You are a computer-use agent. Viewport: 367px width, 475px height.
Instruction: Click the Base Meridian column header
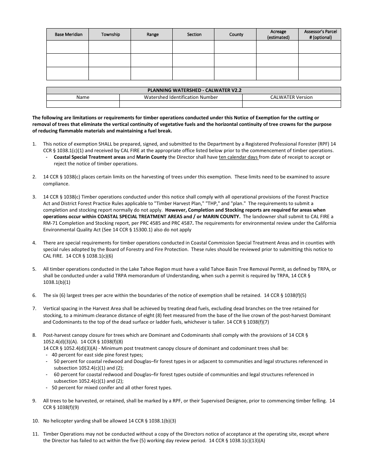tap(68, 34)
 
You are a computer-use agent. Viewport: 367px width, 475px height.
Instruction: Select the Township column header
tap(110, 34)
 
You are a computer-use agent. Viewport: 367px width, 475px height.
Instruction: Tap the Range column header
tap(153, 34)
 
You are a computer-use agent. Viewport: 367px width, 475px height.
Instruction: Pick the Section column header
tap(194, 34)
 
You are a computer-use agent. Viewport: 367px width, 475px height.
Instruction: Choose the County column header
tap(236, 34)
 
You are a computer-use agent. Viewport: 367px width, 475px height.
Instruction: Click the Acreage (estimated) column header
tap(278, 34)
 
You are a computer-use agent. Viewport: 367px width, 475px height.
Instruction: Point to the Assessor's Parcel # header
tap(320, 34)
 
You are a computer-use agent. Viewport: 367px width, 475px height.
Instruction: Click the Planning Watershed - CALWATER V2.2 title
tap(194, 90)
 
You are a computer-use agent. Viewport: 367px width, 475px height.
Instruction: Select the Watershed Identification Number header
tap(181, 97)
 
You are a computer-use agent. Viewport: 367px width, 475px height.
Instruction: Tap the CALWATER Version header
tap(291, 97)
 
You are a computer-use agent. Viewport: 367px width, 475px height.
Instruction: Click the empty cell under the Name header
tap(83, 104)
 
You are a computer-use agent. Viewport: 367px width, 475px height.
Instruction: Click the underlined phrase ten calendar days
tap(238, 157)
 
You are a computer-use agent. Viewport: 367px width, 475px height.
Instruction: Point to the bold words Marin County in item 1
tap(152, 157)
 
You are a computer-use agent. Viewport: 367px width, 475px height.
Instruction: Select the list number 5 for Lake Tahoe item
tap(34, 269)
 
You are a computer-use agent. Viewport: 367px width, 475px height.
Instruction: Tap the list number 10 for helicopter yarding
tap(35, 421)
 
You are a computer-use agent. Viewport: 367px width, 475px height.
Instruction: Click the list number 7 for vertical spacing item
tap(34, 309)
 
